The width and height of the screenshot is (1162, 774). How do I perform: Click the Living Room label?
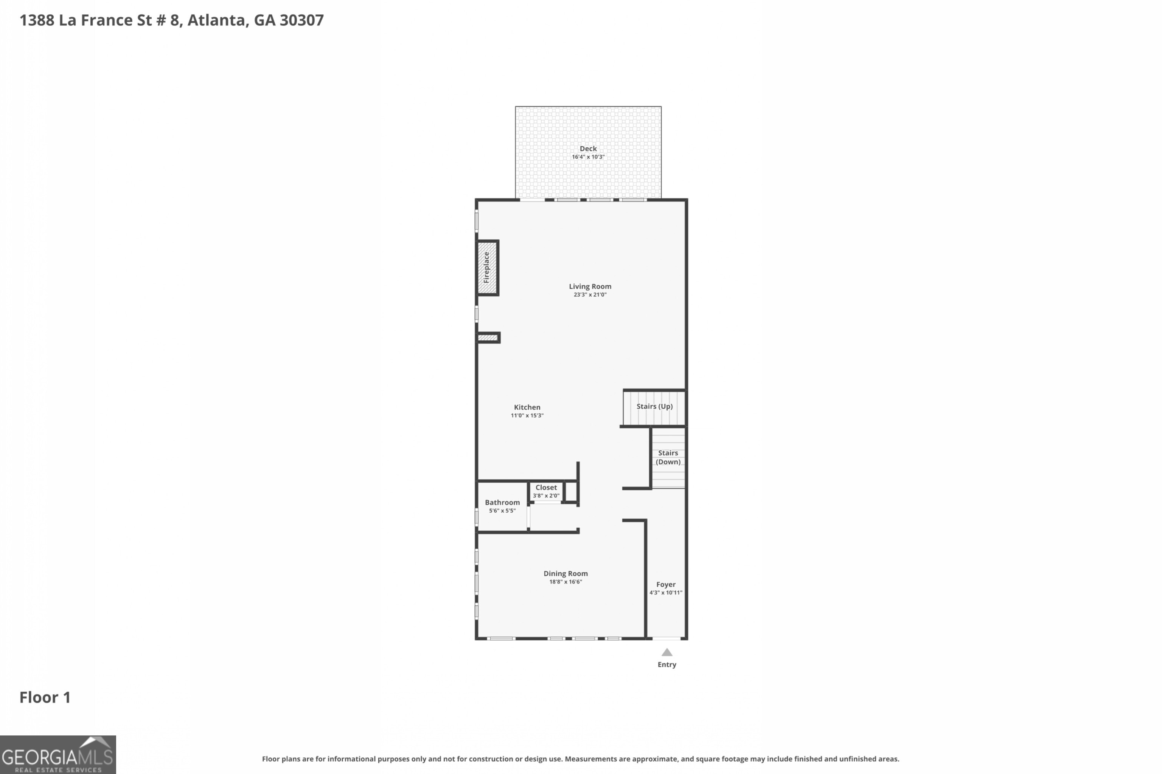coord(590,286)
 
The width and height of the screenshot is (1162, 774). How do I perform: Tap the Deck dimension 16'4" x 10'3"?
coord(588,157)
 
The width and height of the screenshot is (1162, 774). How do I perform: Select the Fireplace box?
coord(487,268)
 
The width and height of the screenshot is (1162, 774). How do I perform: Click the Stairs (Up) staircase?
coord(654,408)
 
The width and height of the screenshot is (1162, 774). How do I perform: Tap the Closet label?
coord(546,487)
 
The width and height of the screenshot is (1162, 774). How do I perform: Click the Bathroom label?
coord(502,503)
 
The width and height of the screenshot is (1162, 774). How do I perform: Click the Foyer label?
coord(665,584)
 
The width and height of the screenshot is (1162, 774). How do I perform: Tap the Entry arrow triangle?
coord(666,653)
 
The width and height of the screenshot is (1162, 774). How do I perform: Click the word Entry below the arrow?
coord(666,665)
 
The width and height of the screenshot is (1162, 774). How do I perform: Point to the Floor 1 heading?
coord(45,698)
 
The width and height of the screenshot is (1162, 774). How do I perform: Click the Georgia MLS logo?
coord(58,754)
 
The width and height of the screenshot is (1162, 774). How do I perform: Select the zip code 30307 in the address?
coord(301,20)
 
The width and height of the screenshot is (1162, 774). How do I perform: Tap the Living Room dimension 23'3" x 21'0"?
coord(590,295)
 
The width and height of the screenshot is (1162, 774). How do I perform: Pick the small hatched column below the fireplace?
coord(488,337)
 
